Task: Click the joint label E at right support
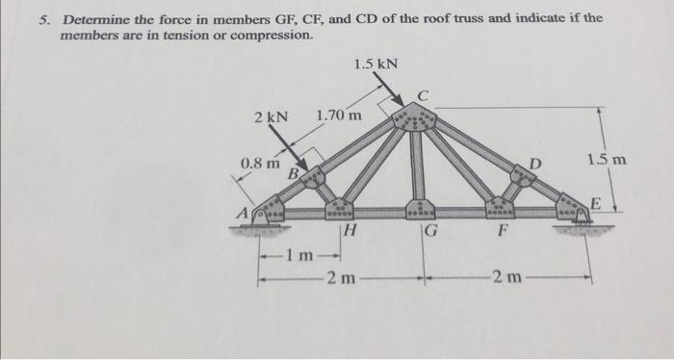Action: click(x=595, y=203)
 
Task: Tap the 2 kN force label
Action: click(x=270, y=117)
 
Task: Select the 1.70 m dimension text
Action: click(x=339, y=117)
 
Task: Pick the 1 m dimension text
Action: click(x=300, y=255)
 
